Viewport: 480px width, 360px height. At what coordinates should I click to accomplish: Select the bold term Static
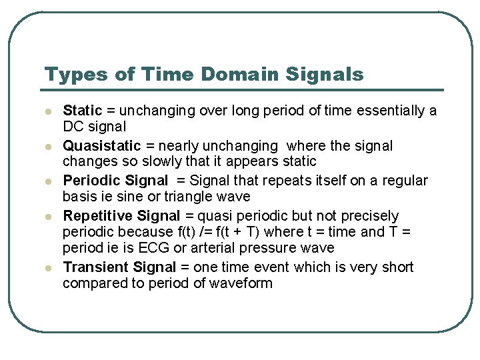pyautogui.click(x=82, y=111)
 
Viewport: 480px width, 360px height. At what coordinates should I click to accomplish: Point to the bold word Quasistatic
pyautogui.click(x=101, y=146)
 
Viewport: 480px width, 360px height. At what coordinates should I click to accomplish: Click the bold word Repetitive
pyautogui.click(x=97, y=216)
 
